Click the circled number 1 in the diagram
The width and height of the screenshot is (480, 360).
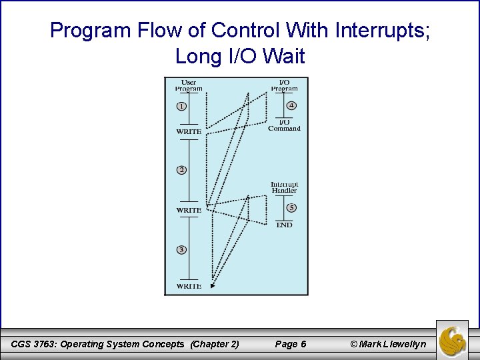pyautogui.click(x=181, y=106)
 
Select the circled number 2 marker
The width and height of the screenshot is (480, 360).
pyautogui.click(x=181, y=170)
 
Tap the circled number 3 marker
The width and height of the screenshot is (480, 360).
pyautogui.click(x=181, y=249)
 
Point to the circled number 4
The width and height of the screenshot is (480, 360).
pyautogui.click(x=291, y=105)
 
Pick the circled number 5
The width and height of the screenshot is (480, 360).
pyautogui.click(x=291, y=207)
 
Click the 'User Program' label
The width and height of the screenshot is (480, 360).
pyautogui.click(x=189, y=85)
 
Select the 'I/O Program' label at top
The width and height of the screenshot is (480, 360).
pyautogui.click(x=284, y=85)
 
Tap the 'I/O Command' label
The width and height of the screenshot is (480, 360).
pyautogui.click(x=284, y=125)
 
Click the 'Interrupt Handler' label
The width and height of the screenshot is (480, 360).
pyautogui.click(x=284, y=187)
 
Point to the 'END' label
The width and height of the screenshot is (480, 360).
pyautogui.click(x=284, y=225)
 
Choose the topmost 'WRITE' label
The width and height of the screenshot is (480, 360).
pyautogui.click(x=189, y=132)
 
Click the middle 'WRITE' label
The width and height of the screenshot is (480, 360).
pyautogui.click(x=189, y=211)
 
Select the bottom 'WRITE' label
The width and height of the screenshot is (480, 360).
pyautogui.click(x=189, y=287)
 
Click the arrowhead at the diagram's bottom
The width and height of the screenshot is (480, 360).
pyautogui.click(x=213, y=285)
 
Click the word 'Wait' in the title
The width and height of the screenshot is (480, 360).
pyautogui.click(x=284, y=57)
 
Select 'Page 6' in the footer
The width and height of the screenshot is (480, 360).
pyautogui.click(x=291, y=344)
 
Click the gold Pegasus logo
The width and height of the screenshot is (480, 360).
pyautogui.click(x=452, y=341)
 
